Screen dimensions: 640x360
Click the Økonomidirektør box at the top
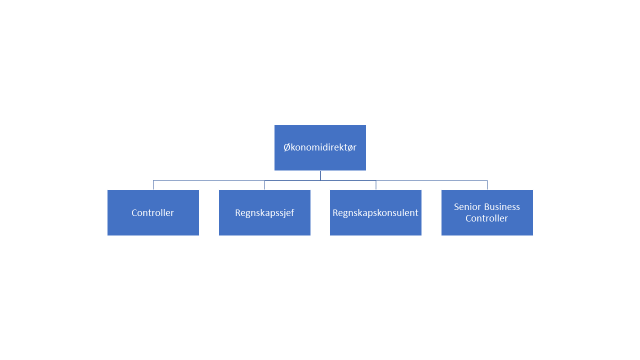coord(320,147)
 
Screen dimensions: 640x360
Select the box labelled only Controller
coord(153,212)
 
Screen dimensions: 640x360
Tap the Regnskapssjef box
coord(264,212)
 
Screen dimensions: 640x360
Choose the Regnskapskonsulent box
coord(375,212)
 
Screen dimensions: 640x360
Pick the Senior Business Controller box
coord(487,212)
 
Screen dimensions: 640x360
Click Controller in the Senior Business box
coord(486,218)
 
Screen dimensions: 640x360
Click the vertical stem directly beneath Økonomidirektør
coord(320,175)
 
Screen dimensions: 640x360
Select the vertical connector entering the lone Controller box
coord(153,185)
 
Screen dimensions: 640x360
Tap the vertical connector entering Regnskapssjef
coord(264,185)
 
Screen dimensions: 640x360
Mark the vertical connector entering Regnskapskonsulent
coord(375,185)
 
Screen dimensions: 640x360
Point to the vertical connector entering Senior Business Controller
coord(487,185)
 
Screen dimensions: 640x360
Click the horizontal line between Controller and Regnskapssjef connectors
coord(209,180)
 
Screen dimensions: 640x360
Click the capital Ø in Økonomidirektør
coord(287,147)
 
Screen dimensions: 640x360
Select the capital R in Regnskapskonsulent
coord(335,212)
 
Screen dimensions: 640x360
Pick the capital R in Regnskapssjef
coord(238,212)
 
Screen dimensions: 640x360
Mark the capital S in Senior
coord(456,206)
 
